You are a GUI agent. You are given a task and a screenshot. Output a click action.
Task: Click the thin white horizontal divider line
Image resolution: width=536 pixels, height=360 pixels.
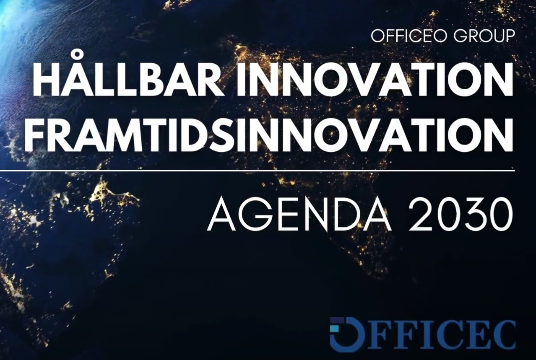(x=257, y=171)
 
